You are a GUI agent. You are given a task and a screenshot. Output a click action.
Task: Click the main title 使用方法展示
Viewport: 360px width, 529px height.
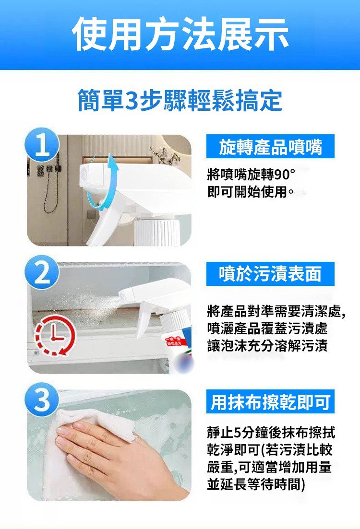(x=180, y=35)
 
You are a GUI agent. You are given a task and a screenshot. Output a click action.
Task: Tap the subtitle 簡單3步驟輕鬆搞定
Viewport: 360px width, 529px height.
(x=180, y=100)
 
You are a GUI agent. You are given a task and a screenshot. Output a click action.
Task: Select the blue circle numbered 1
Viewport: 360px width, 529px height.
(x=43, y=145)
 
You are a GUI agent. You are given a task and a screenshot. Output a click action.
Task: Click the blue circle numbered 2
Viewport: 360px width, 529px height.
(x=43, y=272)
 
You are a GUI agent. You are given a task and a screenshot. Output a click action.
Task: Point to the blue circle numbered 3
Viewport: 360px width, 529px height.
(x=43, y=400)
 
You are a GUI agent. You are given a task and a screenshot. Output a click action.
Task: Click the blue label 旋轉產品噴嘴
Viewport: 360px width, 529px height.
(x=270, y=146)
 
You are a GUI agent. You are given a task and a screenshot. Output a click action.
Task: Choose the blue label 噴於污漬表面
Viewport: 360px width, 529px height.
(x=270, y=273)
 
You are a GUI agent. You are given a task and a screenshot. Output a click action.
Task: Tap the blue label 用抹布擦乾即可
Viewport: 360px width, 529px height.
(x=270, y=401)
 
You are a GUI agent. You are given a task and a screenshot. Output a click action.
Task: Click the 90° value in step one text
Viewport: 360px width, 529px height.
(x=285, y=175)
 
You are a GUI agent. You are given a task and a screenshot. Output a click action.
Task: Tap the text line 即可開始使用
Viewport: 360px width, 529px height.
(x=250, y=192)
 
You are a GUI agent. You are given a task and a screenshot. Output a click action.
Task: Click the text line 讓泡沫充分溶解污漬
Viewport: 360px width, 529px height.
(x=267, y=346)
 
